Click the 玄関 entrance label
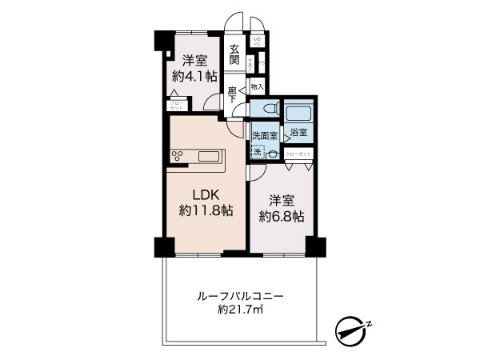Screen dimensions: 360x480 pyautogui.click(x=235, y=54)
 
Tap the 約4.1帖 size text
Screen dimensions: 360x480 pyautogui.click(x=194, y=77)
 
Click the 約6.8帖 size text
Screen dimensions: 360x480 pyautogui.click(x=281, y=216)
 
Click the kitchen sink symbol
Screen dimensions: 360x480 pyautogui.click(x=212, y=156)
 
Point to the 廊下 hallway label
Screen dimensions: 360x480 pyautogui.click(x=232, y=94)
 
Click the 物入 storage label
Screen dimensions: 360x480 pyautogui.click(x=257, y=86)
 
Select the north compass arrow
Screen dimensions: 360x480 pyautogui.click(x=351, y=327)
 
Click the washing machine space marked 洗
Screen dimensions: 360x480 pyautogui.click(x=257, y=151)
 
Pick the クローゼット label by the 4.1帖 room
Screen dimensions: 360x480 pyautogui.click(x=175, y=104)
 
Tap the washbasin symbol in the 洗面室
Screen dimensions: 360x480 pyautogui.click(x=274, y=153)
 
